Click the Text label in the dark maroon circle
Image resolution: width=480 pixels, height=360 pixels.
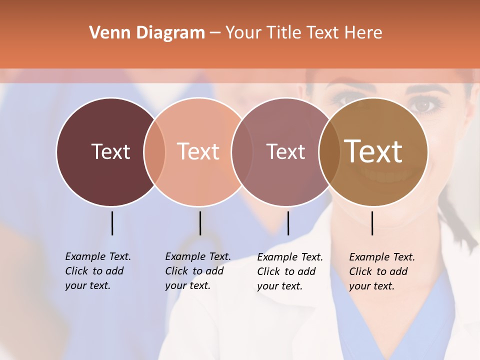(110, 151)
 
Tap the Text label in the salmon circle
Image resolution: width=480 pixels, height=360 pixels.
(198, 151)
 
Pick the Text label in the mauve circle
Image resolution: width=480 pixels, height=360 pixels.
(285, 151)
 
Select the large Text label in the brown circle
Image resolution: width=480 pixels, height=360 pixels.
(373, 151)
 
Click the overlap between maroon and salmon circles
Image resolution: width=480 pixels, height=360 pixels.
(154, 152)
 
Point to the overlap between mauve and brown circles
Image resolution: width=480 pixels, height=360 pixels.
(329, 152)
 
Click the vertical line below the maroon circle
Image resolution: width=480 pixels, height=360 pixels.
(112, 223)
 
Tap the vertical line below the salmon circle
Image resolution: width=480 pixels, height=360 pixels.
(200, 223)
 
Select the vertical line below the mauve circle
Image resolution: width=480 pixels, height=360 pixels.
(288, 223)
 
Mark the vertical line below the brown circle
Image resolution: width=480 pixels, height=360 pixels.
(372, 223)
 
